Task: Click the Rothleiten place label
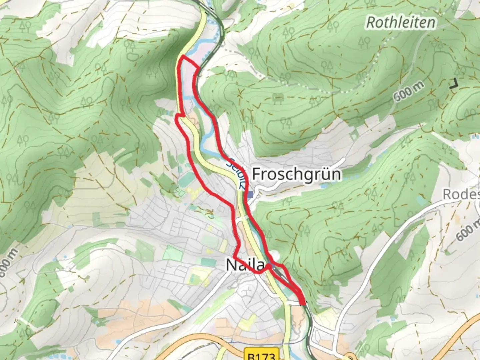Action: point(401,23)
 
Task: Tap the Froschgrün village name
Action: point(296,174)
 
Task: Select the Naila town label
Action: point(245,265)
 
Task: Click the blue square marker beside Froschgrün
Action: point(251,195)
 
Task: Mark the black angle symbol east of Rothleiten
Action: point(454,84)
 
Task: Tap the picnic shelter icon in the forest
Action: point(277,98)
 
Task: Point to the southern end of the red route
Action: point(303,303)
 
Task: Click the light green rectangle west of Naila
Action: point(173,253)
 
